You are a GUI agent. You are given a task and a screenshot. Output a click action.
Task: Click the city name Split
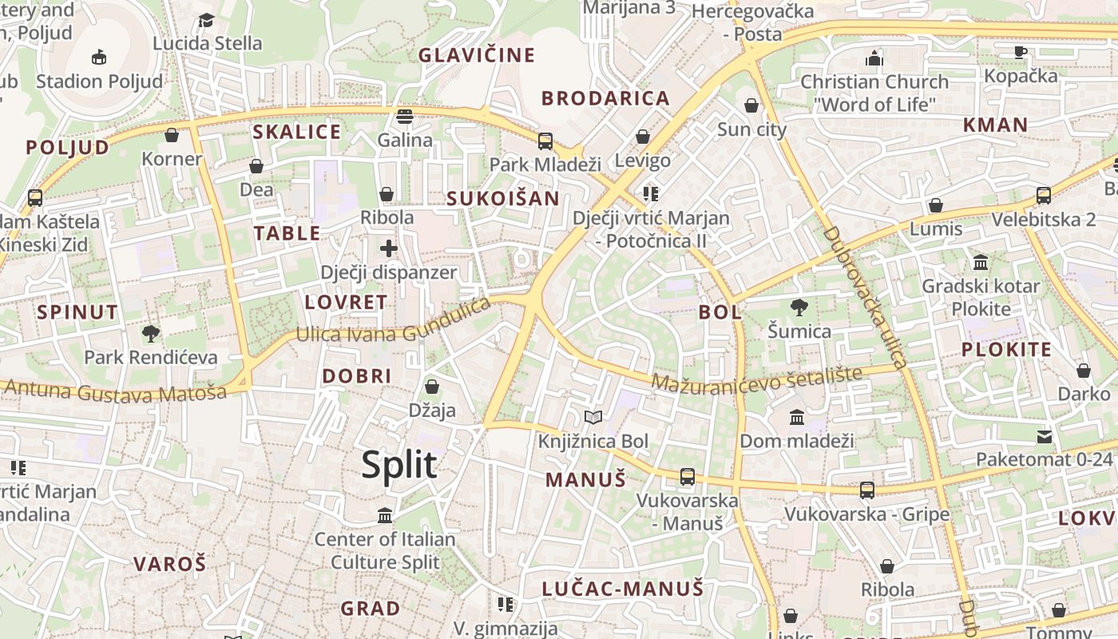[x=399, y=465]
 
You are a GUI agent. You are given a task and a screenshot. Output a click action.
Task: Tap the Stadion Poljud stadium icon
[x=99, y=57]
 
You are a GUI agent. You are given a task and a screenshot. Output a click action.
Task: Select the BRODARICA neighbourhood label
[x=605, y=98]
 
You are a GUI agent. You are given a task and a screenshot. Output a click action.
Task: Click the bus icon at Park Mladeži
[x=545, y=141]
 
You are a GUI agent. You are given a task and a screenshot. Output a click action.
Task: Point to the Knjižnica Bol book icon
[x=593, y=417]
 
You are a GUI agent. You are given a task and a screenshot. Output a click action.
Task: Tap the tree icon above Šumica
[x=799, y=308]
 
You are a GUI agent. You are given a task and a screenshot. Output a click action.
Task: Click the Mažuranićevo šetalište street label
[x=756, y=379]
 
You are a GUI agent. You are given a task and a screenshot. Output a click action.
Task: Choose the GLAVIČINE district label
[x=477, y=55]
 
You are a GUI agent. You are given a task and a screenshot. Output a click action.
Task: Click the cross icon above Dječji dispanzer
[x=389, y=248]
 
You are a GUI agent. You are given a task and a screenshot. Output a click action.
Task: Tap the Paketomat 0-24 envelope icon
[x=1045, y=436]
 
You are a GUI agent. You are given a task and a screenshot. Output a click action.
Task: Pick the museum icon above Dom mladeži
[x=796, y=417]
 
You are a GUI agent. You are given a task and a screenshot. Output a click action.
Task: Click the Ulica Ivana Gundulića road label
[x=392, y=322]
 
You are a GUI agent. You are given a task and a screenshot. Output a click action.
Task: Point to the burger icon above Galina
[x=405, y=117]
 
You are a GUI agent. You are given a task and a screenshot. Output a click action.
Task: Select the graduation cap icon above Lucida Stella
[x=207, y=20]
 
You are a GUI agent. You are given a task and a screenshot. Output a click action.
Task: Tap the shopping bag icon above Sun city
[x=751, y=105]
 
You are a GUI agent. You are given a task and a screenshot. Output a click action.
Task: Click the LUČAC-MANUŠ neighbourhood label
[x=623, y=589]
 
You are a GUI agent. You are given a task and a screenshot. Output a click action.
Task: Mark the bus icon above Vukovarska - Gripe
[x=866, y=490]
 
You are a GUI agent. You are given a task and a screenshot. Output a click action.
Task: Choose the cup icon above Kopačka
[x=1020, y=52]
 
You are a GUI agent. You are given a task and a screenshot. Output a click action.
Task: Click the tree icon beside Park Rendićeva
[x=150, y=334]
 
